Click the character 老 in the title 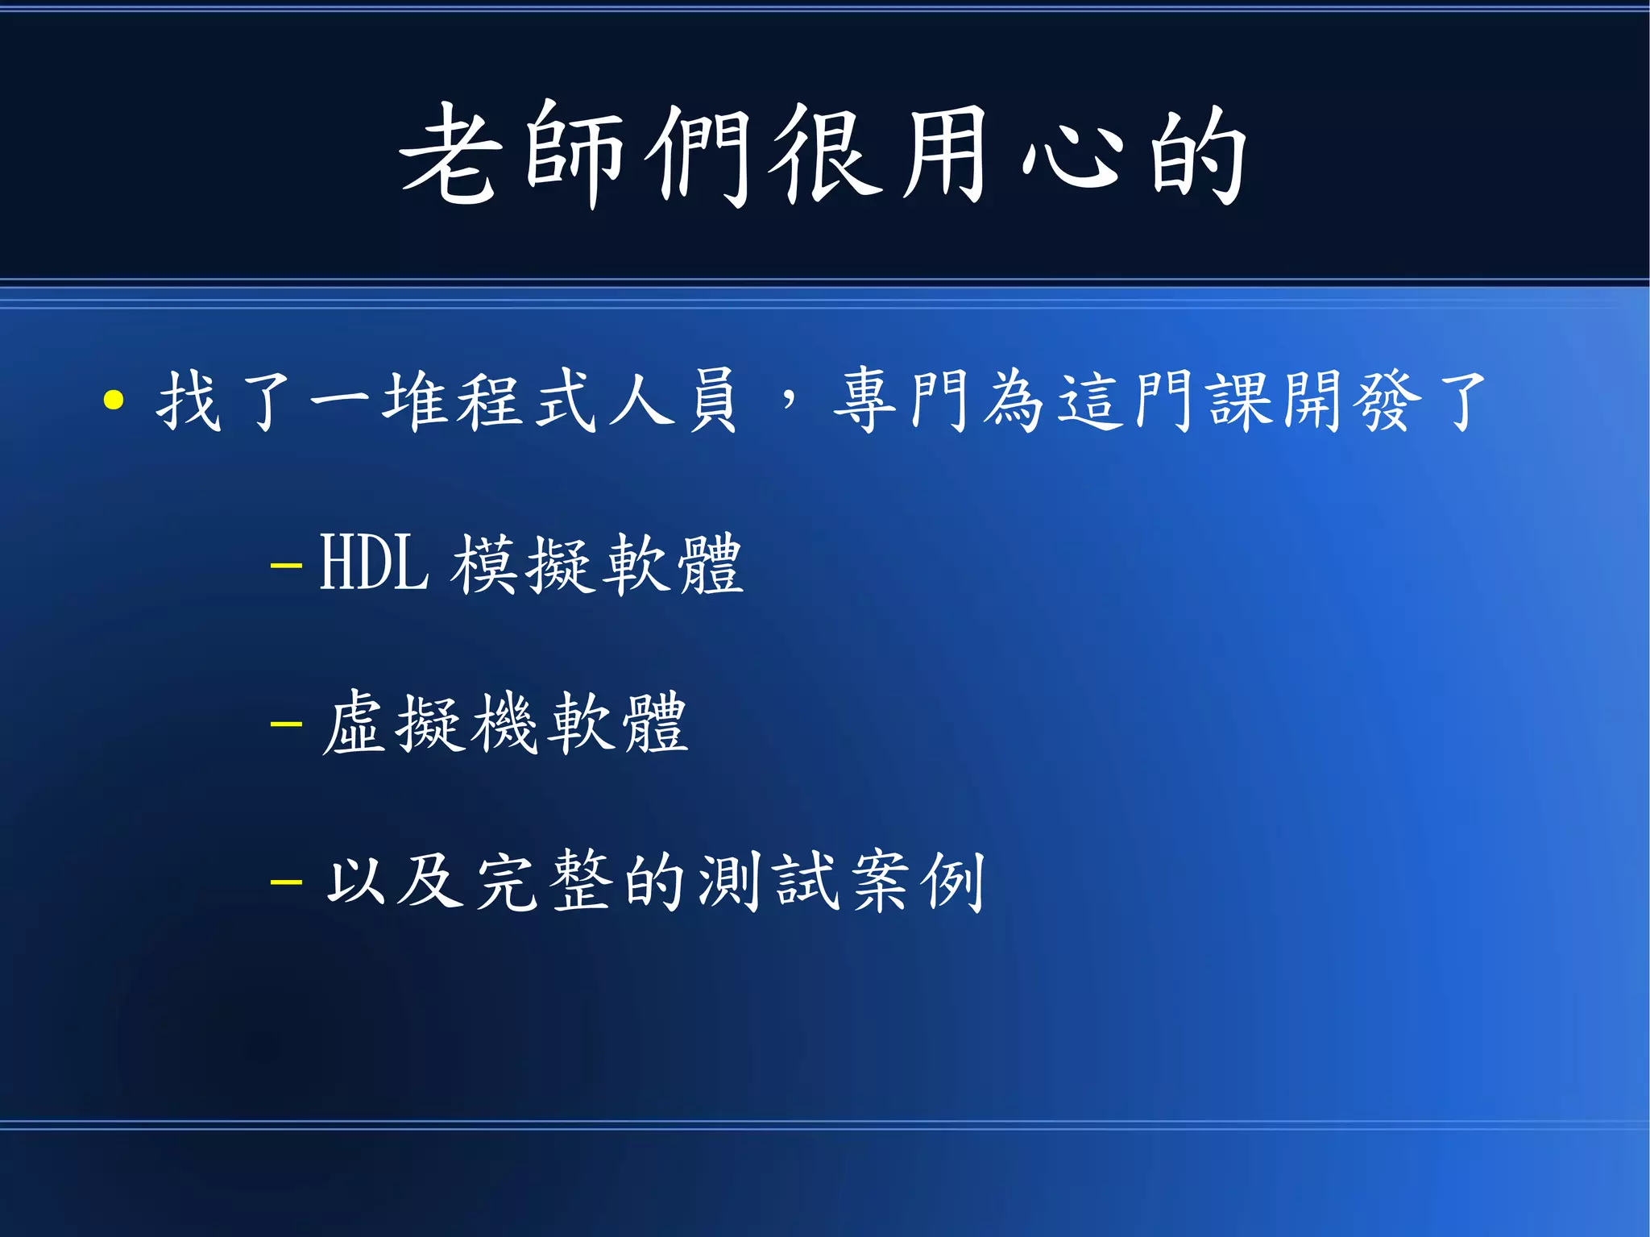click(448, 155)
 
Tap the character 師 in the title click(574, 155)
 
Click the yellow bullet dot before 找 click(114, 401)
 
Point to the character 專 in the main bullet click(864, 401)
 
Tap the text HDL click(374, 563)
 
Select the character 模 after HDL click(484, 564)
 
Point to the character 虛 click(354, 723)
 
